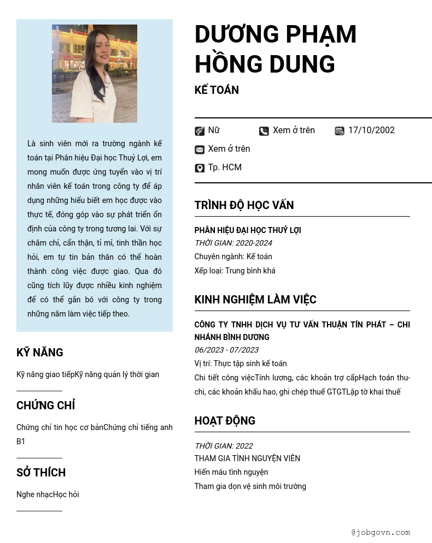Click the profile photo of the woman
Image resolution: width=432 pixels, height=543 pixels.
(94, 74)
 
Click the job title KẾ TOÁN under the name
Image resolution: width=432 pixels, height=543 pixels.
(217, 90)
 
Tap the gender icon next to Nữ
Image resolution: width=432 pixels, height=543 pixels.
(200, 131)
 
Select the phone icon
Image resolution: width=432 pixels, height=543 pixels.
(264, 131)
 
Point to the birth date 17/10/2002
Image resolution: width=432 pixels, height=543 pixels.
(371, 130)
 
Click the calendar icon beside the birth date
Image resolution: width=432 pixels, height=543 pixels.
(340, 131)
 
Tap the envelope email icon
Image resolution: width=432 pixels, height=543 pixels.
(200, 150)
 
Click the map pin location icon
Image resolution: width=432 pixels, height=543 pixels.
(200, 168)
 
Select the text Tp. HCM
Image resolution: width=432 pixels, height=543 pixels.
(225, 168)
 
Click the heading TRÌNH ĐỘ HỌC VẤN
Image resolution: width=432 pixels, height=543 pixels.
(244, 205)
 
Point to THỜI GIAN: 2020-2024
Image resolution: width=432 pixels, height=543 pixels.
(233, 243)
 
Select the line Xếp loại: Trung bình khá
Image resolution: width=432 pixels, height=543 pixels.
(235, 271)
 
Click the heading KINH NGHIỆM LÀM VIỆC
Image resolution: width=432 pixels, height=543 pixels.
(255, 300)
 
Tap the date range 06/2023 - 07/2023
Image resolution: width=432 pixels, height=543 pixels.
(226, 350)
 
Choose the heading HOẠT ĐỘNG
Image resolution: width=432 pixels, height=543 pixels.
(225, 421)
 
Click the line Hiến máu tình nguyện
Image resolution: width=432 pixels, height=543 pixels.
(231, 472)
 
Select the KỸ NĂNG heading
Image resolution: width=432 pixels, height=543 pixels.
(40, 353)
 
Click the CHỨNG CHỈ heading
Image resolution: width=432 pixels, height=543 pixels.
(45, 405)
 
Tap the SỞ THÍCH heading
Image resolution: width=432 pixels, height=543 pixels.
(41, 473)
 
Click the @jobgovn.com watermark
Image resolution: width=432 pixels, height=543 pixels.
(381, 532)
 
